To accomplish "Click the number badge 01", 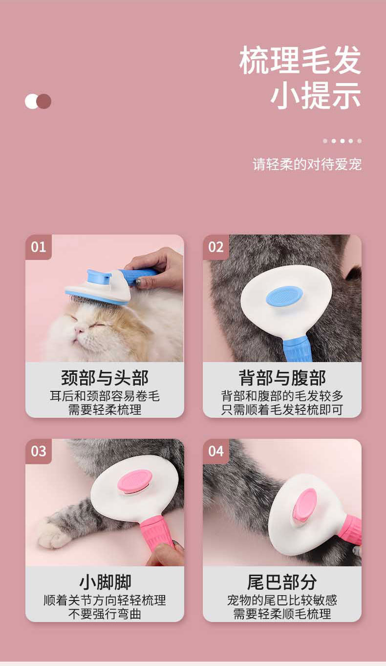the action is coord(39,247).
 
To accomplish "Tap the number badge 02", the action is coord(216,247).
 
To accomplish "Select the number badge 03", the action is coord(39,451).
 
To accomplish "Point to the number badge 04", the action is coord(216,451).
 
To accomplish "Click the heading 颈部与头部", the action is coord(105,378).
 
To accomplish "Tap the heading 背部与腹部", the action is coord(282,378).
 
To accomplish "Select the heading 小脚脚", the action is coord(105,582).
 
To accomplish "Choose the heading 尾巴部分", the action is coord(282,582).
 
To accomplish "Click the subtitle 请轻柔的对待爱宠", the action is coord(307,164).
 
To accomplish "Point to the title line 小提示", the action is coord(316,95).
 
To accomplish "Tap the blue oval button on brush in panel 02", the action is coord(284,296).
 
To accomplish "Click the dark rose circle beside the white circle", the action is coord(44,101).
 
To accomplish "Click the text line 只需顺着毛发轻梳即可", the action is coord(282,409).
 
